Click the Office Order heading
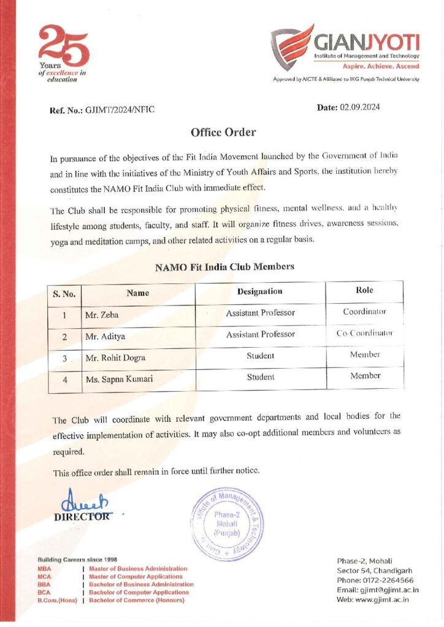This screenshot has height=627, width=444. pyautogui.click(x=223, y=132)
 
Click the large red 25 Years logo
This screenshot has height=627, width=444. pyautogui.click(x=63, y=46)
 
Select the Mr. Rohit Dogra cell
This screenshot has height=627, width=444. pyautogui.click(x=115, y=357)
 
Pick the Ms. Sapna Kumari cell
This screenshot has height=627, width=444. pyautogui.click(x=119, y=379)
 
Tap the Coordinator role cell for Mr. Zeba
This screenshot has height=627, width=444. pyautogui.click(x=364, y=312)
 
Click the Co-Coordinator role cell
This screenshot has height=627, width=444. pyautogui.click(x=364, y=334)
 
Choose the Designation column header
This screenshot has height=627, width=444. pyautogui.click(x=259, y=291)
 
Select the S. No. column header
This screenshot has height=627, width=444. pyautogui.click(x=64, y=293)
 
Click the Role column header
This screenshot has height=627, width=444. pyautogui.click(x=364, y=290)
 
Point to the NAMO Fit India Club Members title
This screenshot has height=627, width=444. pyautogui.click(x=224, y=267)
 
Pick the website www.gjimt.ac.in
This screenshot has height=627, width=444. pyautogui.click(x=383, y=599)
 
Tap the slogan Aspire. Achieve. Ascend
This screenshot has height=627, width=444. pyautogui.click(x=385, y=66)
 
